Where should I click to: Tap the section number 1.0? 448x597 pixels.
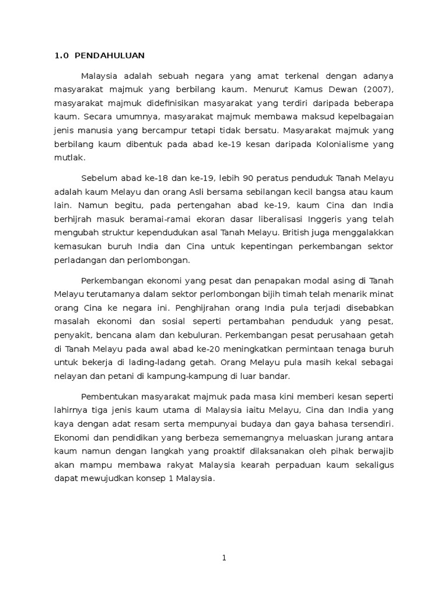tap(61, 56)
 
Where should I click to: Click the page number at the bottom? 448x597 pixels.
tap(223, 557)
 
